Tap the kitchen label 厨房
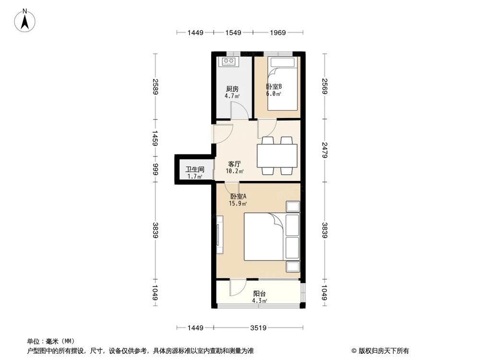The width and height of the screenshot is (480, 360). tap(232, 89)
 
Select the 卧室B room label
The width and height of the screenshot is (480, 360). tap(274, 87)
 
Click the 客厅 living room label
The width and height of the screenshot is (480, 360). tap(235, 164)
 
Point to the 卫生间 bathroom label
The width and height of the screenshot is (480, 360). tap(195, 169)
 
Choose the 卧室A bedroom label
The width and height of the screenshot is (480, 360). tap(238, 196)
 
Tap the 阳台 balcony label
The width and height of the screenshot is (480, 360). tap(260, 294)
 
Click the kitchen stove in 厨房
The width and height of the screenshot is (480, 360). tap(228, 61)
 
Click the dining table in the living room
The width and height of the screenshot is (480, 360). tap(276, 155)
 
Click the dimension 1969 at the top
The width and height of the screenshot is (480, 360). tap(278, 33)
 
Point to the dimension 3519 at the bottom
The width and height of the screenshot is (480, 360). tap(259, 328)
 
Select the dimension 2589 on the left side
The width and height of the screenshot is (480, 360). tap(156, 86)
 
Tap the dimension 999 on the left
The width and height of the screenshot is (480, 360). tap(156, 169)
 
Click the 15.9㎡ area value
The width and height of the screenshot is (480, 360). tap(238, 204)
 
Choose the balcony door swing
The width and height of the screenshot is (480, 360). tap(236, 288)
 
